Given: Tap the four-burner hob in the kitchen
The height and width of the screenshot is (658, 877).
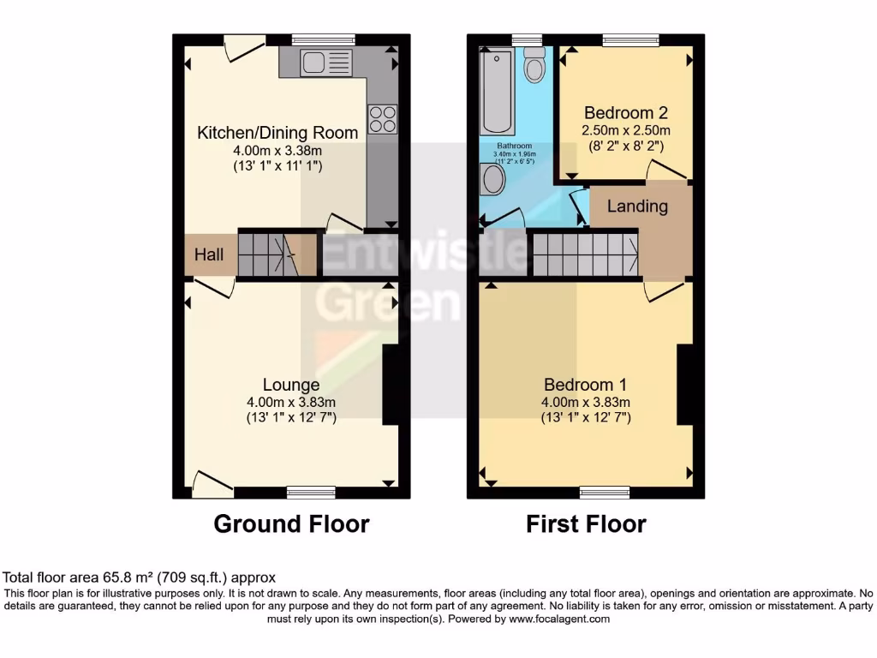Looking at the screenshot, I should (x=383, y=119).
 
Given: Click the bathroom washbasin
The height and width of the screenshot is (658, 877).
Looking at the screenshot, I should (x=492, y=180).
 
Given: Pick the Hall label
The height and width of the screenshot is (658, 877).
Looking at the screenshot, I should (x=209, y=254).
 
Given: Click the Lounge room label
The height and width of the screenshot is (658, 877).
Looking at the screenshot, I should (x=291, y=386).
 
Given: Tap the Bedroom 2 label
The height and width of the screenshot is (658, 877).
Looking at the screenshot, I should (x=626, y=113).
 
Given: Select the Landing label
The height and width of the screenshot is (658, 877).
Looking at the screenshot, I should (x=637, y=206).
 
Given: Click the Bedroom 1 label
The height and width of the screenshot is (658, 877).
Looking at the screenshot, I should (x=586, y=386).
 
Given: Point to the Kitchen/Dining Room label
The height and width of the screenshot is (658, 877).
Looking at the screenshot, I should (x=277, y=133).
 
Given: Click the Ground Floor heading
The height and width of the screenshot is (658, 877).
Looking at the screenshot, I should (x=291, y=523).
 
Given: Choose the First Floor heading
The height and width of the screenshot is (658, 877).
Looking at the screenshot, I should (x=586, y=523).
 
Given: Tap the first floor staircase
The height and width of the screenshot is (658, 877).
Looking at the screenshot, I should (x=584, y=254).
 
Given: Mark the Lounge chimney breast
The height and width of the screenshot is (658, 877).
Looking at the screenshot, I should (x=391, y=385).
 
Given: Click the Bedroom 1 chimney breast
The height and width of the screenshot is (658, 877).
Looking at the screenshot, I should (x=685, y=385).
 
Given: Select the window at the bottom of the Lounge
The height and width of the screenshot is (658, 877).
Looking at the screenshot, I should (x=311, y=492).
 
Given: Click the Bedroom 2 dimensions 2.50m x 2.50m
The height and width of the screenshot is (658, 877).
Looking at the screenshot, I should (x=626, y=130).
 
